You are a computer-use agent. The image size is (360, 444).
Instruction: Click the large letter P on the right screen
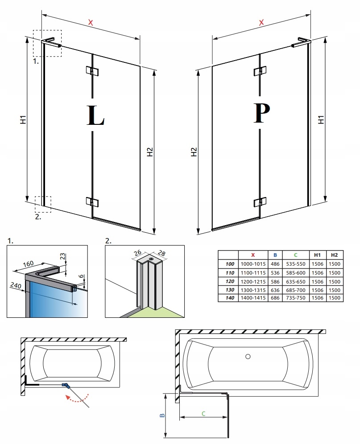(261, 114)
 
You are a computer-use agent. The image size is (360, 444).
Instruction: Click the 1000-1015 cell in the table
(253, 264)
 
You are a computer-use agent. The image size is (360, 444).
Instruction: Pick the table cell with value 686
(274, 297)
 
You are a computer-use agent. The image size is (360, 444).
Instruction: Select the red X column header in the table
(253, 255)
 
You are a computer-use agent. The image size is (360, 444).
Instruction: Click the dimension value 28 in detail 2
(161, 254)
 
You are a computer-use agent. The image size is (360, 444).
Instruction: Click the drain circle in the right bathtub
(248, 357)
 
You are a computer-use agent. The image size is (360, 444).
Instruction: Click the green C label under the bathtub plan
(203, 413)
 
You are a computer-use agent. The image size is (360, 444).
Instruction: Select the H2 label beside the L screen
(150, 152)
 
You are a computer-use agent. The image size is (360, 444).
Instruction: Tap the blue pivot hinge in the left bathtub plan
(66, 384)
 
